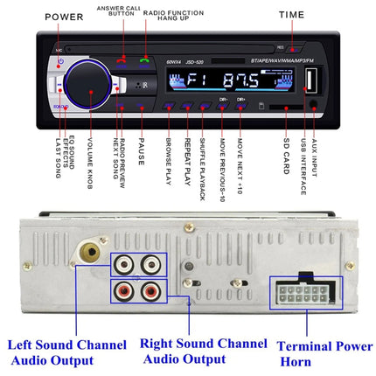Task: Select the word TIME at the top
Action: click(292, 15)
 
